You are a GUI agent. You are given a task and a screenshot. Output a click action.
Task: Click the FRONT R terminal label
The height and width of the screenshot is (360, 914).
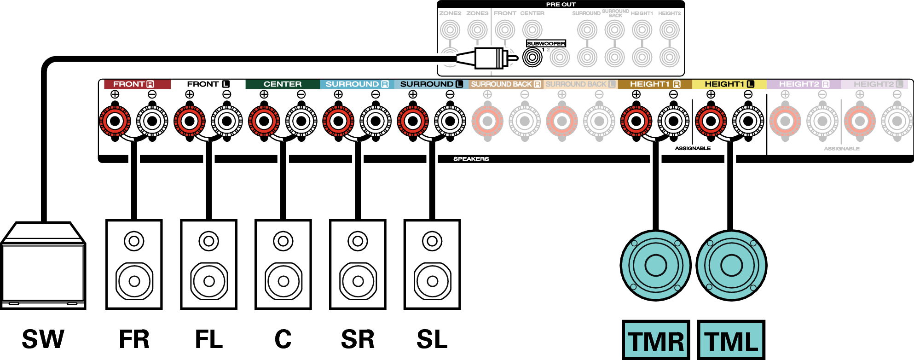133,84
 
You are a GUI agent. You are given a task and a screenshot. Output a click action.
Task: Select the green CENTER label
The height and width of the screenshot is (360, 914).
282,84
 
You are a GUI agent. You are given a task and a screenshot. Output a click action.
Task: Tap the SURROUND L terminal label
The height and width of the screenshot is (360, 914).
431,84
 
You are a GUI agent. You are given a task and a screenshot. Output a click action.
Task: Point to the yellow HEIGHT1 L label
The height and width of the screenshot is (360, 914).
729,84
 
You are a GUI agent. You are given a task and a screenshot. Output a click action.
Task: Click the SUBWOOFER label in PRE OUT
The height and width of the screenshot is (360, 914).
546,43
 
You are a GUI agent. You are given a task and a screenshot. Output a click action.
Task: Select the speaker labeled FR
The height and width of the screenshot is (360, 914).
134,264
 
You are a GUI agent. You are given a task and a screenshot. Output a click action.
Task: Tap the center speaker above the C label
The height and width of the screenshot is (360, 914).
283,264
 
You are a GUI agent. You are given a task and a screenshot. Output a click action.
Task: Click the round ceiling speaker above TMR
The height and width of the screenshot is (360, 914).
655,265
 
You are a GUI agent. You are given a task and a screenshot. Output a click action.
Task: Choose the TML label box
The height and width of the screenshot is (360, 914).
731,341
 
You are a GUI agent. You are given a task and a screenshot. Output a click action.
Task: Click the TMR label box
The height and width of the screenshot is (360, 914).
656,341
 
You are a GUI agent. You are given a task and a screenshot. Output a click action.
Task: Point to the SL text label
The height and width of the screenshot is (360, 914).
432,340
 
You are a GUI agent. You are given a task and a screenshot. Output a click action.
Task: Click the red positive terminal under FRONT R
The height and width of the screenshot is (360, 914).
115,122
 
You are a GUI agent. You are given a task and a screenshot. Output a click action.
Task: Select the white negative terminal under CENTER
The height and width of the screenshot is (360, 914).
301,122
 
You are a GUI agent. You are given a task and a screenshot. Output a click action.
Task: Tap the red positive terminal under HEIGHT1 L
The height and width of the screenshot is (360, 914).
711,122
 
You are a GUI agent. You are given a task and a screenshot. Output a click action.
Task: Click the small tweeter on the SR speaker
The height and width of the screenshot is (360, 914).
358,241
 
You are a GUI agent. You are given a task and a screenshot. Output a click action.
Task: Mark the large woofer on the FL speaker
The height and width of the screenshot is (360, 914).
209,281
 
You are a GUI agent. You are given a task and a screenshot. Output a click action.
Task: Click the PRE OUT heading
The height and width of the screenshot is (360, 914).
561,4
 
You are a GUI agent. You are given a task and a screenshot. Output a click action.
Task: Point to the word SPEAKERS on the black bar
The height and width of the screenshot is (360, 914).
471,159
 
